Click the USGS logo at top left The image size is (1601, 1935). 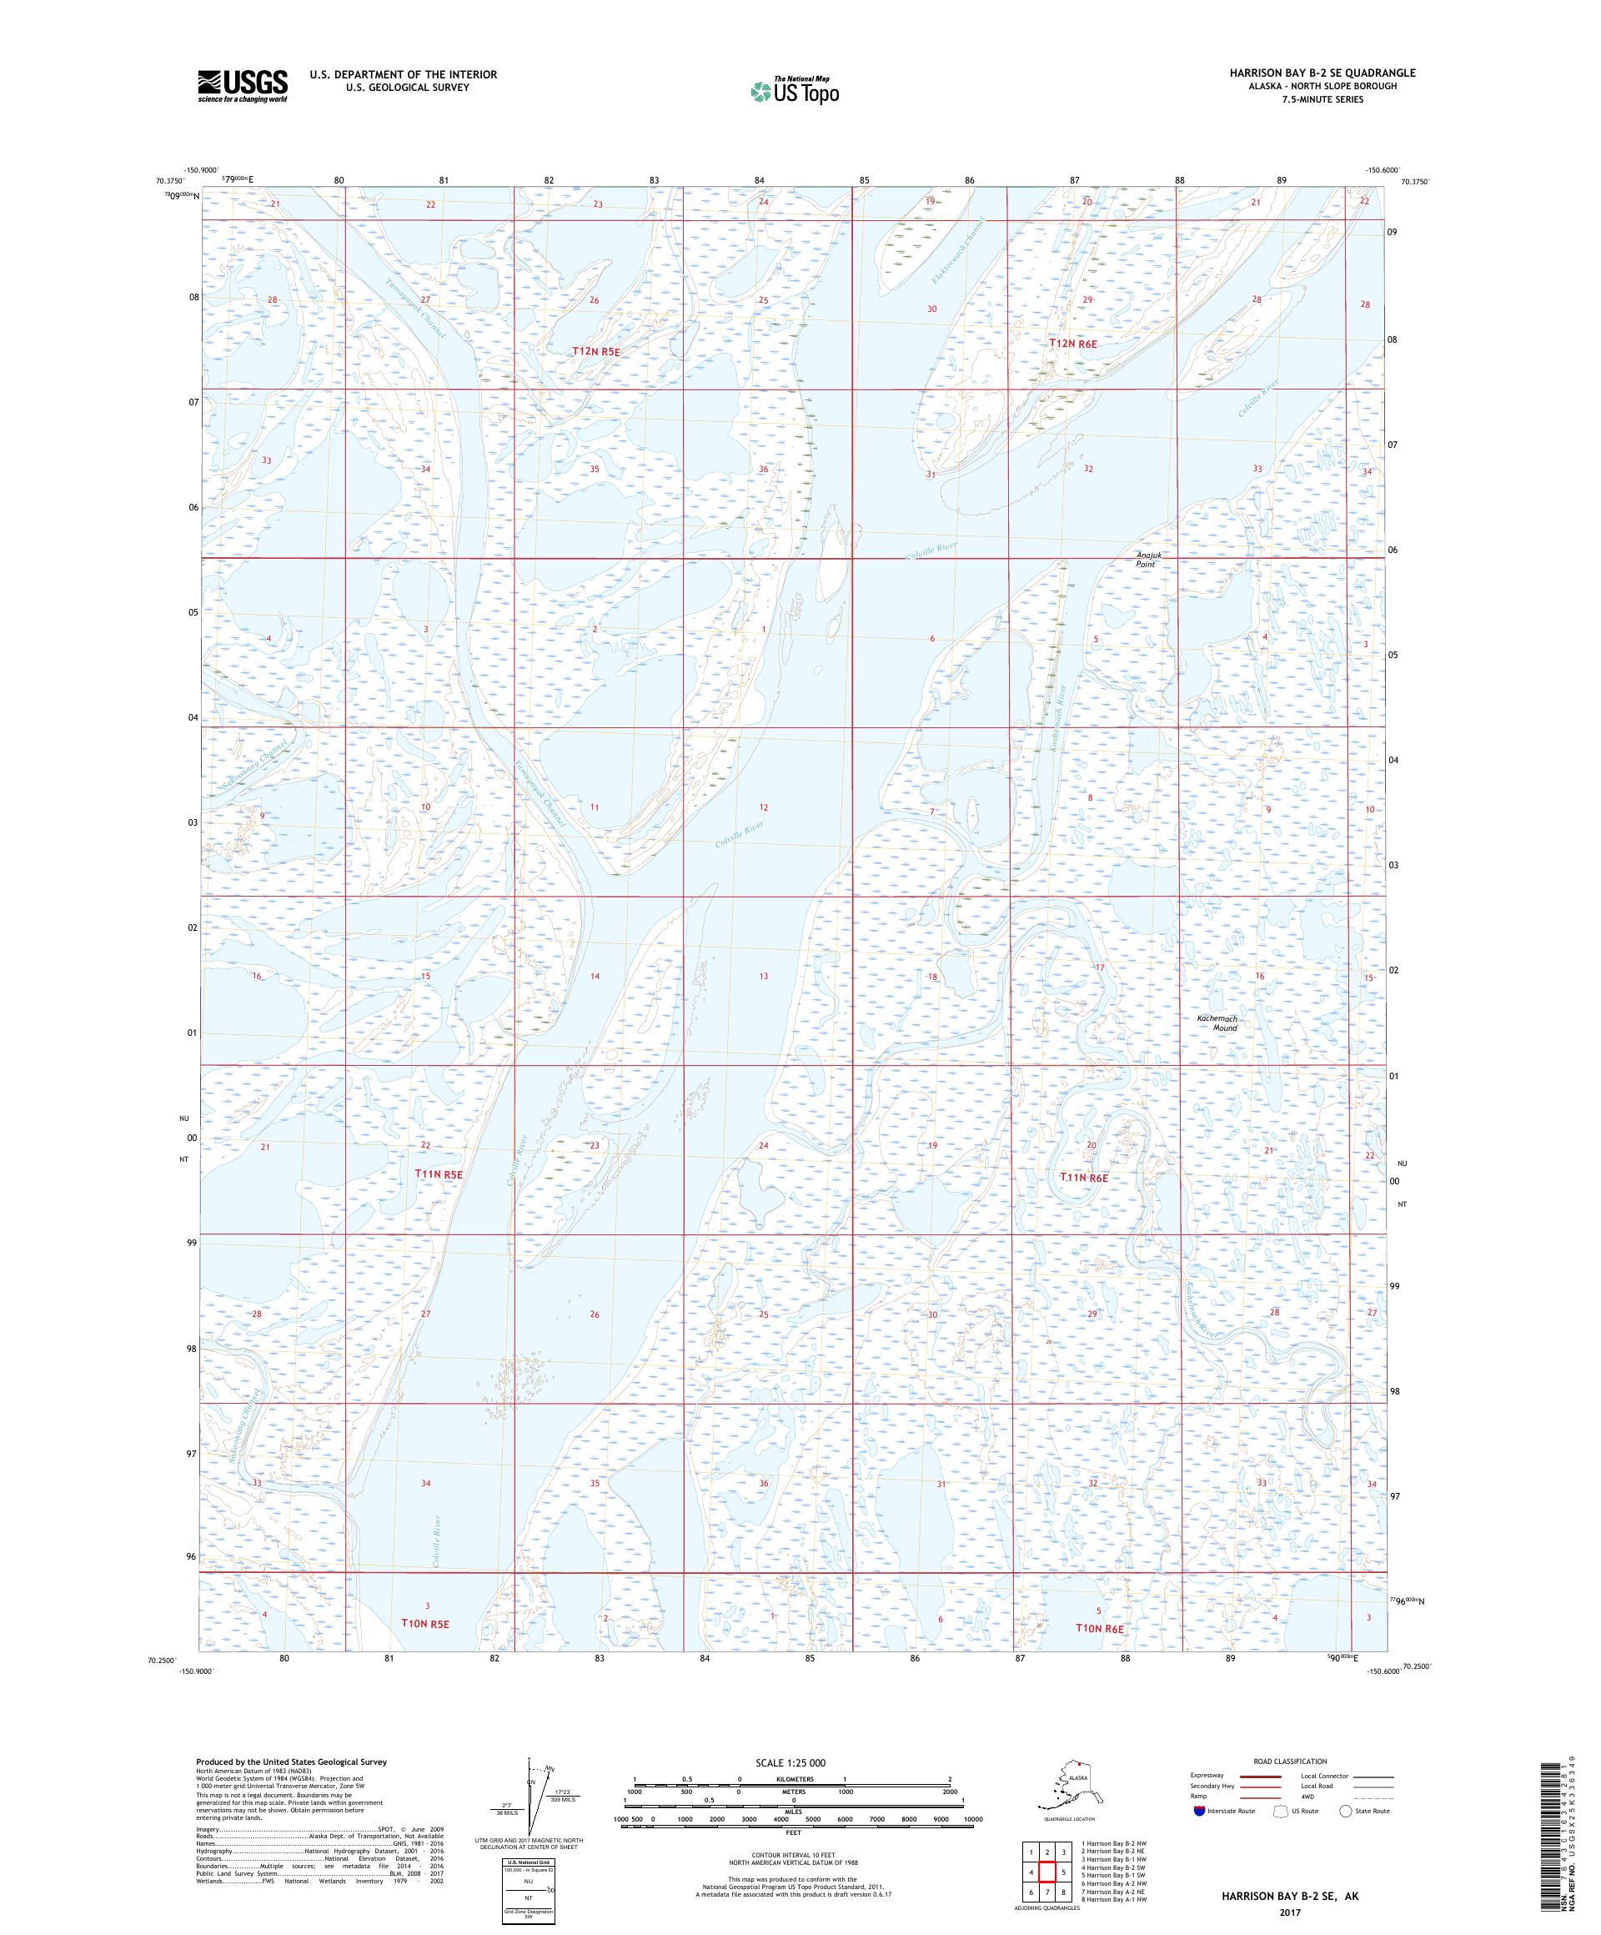(241, 86)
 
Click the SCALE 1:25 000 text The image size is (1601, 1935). (793, 1762)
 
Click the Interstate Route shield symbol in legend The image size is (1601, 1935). (1197, 1811)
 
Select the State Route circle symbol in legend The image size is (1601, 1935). (1346, 1811)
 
